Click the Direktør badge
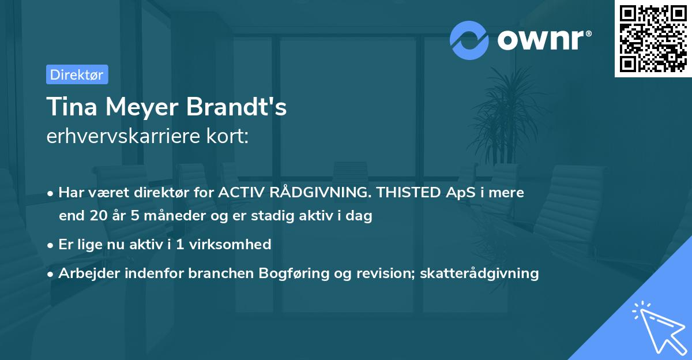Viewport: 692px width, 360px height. pyautogui.click(x=77, y=74)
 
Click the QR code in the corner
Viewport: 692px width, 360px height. pyautogui.click(x=653, y=38)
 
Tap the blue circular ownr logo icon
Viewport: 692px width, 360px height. pyautogui.click(x=469, y=40)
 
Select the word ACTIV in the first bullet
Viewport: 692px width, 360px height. pyautogui.click(x=240, y=193)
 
